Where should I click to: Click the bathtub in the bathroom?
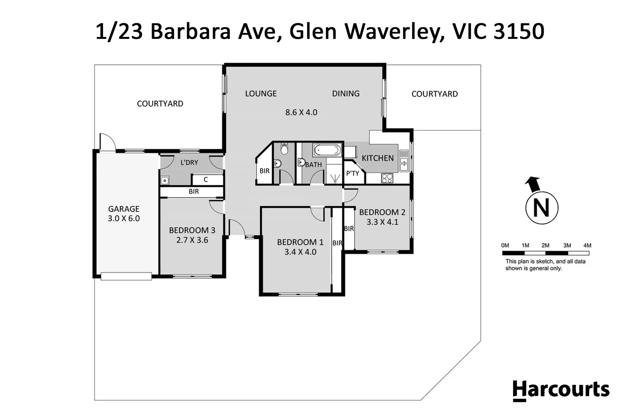pos(327,150)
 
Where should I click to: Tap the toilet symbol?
pos(284,149)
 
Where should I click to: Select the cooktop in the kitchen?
pos(387,178)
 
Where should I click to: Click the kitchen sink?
pos(404,161)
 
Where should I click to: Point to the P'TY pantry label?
pos(353,173)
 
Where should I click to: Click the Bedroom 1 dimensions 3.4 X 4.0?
pos(300,252)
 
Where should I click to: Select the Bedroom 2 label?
pos(382,212)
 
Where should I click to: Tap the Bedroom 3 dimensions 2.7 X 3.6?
pos(192,240)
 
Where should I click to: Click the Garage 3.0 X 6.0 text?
pos(124,219)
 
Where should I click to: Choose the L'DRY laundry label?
pos(189,163)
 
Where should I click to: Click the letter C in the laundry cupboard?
pos(206,180)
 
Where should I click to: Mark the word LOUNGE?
pos(261,94)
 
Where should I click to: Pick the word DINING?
pos(346,94)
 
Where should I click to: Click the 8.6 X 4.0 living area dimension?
pos(301,112)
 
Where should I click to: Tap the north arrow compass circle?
pos(541,208)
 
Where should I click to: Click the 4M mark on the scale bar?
pos(587,246)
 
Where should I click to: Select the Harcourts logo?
pos(561,390)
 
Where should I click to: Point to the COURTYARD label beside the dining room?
pos(434,94)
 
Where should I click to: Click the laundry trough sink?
pos(165,180)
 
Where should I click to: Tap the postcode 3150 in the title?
pos(518,31)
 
